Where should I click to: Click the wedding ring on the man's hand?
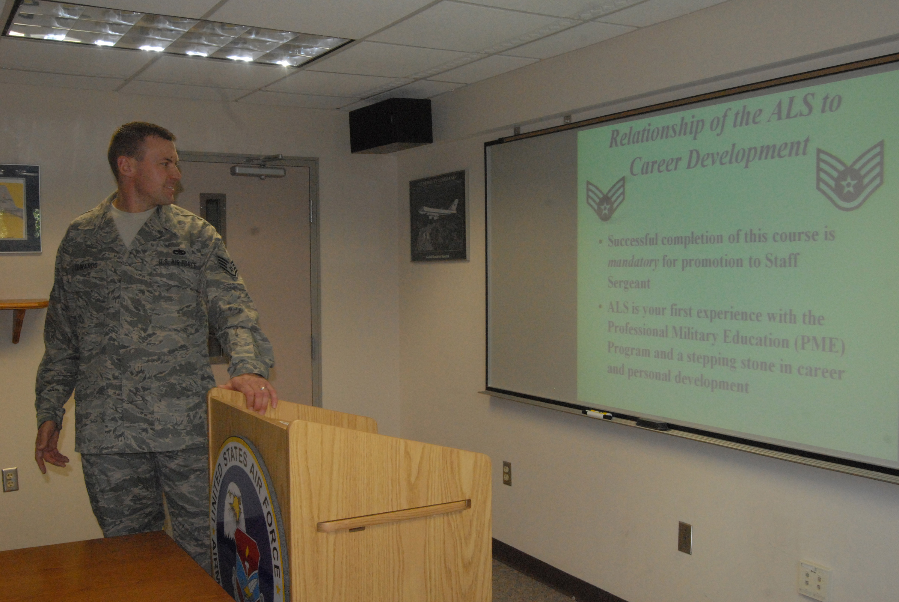pos(263,388)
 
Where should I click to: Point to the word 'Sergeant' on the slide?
pos(628,283)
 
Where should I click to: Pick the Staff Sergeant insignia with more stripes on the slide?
pos(850,177)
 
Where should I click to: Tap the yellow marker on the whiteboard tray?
pos(597,414)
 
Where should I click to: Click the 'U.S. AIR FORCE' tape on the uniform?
pos(178,264)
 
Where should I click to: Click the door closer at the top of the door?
pos(258,171)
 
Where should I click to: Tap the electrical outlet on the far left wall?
pos(10,479)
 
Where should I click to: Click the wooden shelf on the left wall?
pos(23,305)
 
